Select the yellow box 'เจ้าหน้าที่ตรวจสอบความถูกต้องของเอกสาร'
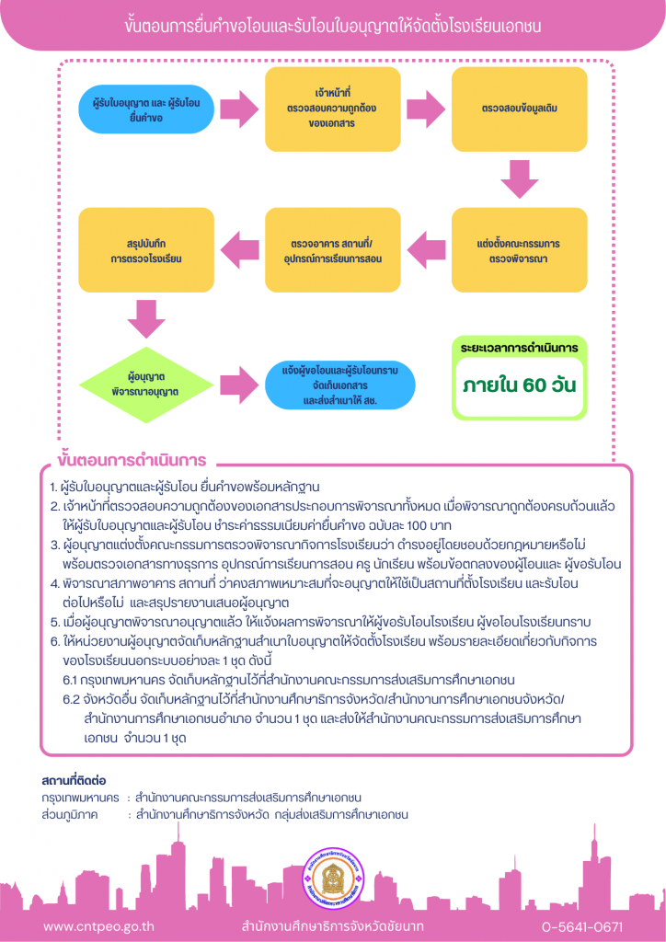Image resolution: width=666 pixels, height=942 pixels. click(x=333, y=109)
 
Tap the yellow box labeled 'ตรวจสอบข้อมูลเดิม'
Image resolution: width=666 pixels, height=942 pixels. click(x=520, y=109)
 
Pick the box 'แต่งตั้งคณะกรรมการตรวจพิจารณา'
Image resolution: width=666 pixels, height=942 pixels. click(x=520, y=249)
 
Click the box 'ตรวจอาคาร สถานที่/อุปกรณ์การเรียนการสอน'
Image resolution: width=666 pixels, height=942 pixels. click(x=333, y=249)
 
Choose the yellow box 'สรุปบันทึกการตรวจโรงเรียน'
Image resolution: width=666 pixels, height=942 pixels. click(x=146, y=249)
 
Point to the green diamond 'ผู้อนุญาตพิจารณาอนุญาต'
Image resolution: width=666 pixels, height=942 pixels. click(x=146, y=385)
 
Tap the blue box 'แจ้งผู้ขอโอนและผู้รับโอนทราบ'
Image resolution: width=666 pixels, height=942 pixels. click(x=340, y=385)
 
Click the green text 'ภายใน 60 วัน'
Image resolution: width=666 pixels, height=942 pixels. click(x=520, y=385)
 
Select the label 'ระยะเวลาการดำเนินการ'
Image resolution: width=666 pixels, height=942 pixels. click(x=520, y=348)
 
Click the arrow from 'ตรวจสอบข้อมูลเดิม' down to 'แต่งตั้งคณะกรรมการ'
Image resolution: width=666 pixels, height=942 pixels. click(x=520, y=179)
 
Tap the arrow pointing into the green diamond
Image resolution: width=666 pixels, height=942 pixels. click(x=146, y=318)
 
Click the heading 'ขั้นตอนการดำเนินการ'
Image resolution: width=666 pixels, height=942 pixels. click(x=132, y=461)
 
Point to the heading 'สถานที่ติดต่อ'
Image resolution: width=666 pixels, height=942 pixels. click(x=75, y=781)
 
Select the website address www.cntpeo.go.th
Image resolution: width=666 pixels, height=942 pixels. click(x=98, y=925)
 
